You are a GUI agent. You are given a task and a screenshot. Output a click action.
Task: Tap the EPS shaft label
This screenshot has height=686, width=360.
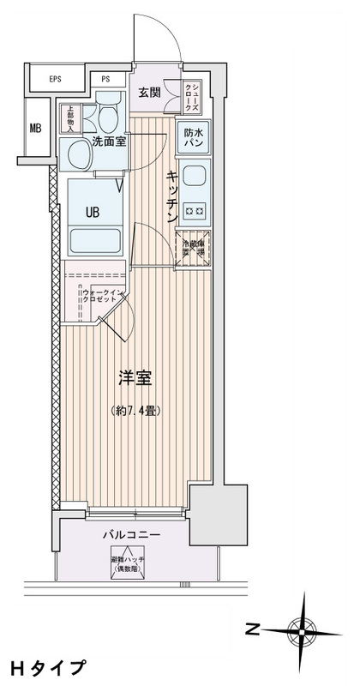pyautogui.click(x=55, y=80)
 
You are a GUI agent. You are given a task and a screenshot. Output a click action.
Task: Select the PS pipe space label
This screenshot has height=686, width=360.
pyautogui.click(x=106, y=80)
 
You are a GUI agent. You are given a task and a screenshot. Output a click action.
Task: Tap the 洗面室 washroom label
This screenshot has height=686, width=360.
pyautogui.click(x=110, y=142)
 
